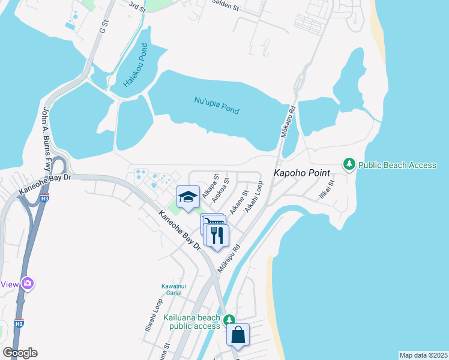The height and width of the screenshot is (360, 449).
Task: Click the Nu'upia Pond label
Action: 217,106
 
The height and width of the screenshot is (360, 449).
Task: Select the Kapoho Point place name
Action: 303,173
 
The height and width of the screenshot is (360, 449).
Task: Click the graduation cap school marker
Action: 188,197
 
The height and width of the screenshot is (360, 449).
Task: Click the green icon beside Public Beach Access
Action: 349,164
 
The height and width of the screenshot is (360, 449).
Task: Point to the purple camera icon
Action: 27,283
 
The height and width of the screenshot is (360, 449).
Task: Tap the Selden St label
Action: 225,4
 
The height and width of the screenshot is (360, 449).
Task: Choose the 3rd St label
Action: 137,5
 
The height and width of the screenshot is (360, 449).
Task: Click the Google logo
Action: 20,352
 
